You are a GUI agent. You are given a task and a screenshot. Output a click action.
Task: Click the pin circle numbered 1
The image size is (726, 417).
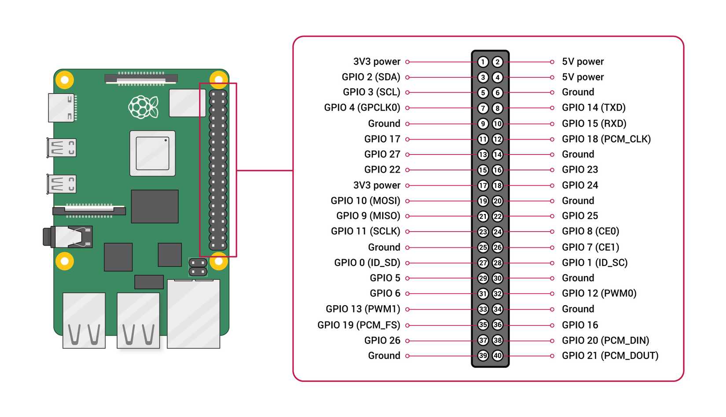[x=483, y=62]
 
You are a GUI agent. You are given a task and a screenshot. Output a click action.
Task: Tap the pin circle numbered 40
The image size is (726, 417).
[x=498, y=356]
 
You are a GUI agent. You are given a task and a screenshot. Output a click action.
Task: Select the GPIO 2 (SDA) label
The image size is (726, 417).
[x=371, y=77]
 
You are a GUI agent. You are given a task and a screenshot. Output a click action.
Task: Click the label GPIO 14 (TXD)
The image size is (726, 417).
[x=594, y=107]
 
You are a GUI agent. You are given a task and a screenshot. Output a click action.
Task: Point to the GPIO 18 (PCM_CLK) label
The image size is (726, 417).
[x=606, y=139]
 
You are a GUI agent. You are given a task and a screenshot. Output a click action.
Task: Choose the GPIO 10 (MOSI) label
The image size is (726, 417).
[x=365, y=201]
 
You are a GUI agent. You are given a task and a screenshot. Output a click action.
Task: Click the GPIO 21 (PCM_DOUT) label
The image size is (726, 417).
[x=610, y=356]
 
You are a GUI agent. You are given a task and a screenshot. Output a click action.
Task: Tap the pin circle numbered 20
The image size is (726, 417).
[x=498, y=201]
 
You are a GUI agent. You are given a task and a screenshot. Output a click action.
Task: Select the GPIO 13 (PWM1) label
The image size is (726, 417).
[x=363, y=309]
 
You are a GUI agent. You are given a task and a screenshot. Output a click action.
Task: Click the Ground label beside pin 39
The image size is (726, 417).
[x=384, y=356]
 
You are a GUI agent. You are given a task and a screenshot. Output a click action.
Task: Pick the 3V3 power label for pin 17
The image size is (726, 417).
[x=377, y=185]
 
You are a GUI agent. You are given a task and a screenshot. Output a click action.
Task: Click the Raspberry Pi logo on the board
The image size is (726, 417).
[x=143, y=107]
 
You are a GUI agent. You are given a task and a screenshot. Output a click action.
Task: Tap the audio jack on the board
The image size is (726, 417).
[x=68, y=237]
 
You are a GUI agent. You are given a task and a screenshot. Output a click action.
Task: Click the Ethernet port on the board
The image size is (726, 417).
[x=194, y=314]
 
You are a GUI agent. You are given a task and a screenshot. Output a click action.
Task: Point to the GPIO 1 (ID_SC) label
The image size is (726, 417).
[x=594, y=263]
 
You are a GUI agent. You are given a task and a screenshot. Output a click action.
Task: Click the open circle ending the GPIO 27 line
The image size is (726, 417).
[x=407, y=155]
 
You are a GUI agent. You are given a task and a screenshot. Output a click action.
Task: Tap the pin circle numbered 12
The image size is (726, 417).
[x=498, y=140]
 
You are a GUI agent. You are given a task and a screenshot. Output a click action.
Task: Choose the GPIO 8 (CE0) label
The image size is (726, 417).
[x=590, y=232]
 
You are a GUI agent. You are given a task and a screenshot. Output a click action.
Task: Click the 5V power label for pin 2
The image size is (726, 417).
[x=583, y=62]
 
